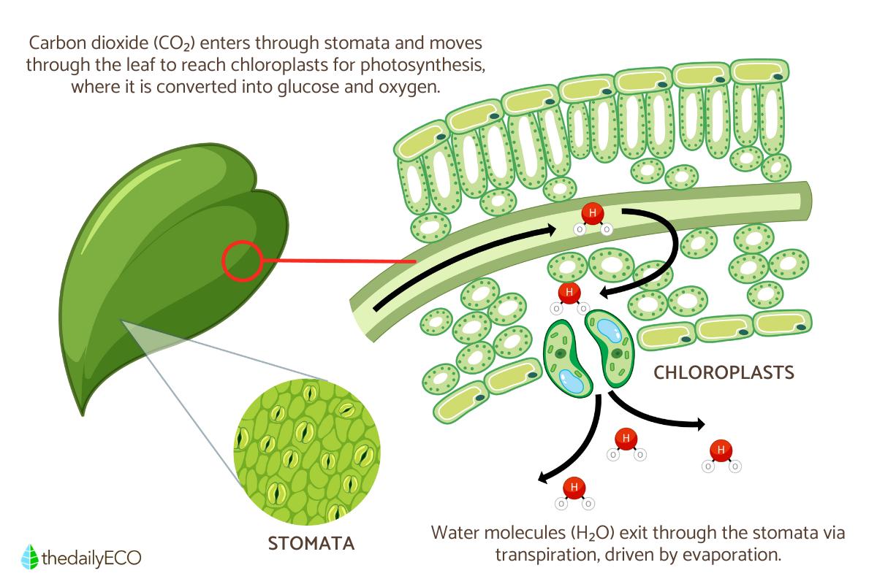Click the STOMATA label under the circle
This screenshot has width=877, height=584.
[x=312, y=544]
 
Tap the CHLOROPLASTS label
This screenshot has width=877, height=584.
[x=724, y=373]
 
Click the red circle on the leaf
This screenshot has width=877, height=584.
[x=241, y=261]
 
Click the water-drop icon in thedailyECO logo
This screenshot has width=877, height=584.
[x=30, y=557]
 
